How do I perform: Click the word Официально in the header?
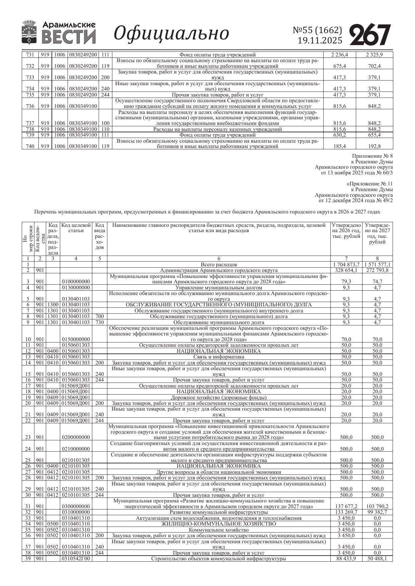171,33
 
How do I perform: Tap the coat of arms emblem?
30,32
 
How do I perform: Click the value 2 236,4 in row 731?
339,55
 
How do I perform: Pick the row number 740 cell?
30,146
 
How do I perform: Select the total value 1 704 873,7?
346,265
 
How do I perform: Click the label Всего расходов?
219,265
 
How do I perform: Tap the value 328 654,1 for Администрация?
346,270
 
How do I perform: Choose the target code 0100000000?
76,282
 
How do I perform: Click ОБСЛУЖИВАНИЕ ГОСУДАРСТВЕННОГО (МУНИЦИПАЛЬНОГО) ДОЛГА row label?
219,305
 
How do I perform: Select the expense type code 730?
99,322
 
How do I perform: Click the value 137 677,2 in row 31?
346,506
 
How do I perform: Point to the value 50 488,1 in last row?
377,559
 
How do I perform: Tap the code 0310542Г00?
76,559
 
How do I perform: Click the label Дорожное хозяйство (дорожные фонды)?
219,398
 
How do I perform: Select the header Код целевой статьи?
76,228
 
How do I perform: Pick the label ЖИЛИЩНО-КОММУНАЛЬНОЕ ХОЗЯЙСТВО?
219,524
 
